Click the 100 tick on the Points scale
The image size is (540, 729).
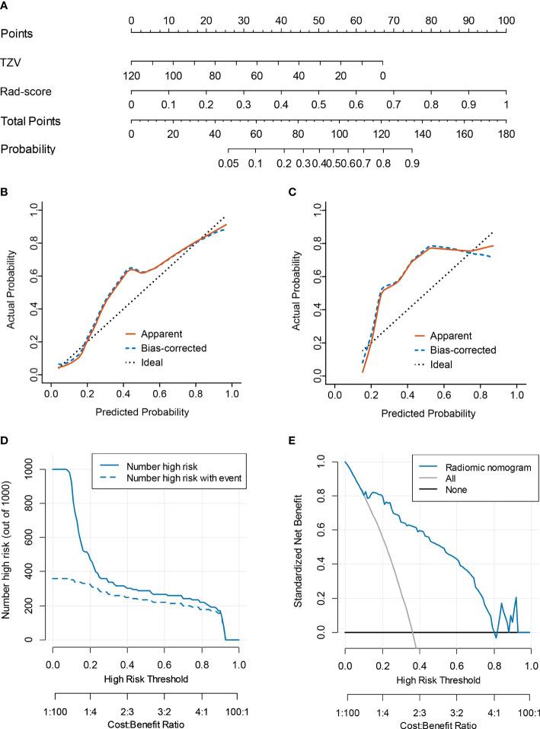[506, 18]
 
